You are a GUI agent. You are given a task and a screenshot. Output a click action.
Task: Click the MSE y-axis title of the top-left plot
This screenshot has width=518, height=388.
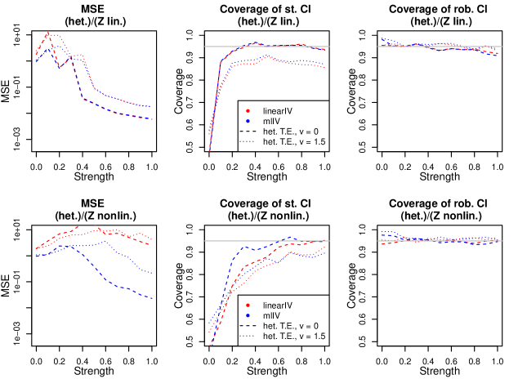pos(7,91)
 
